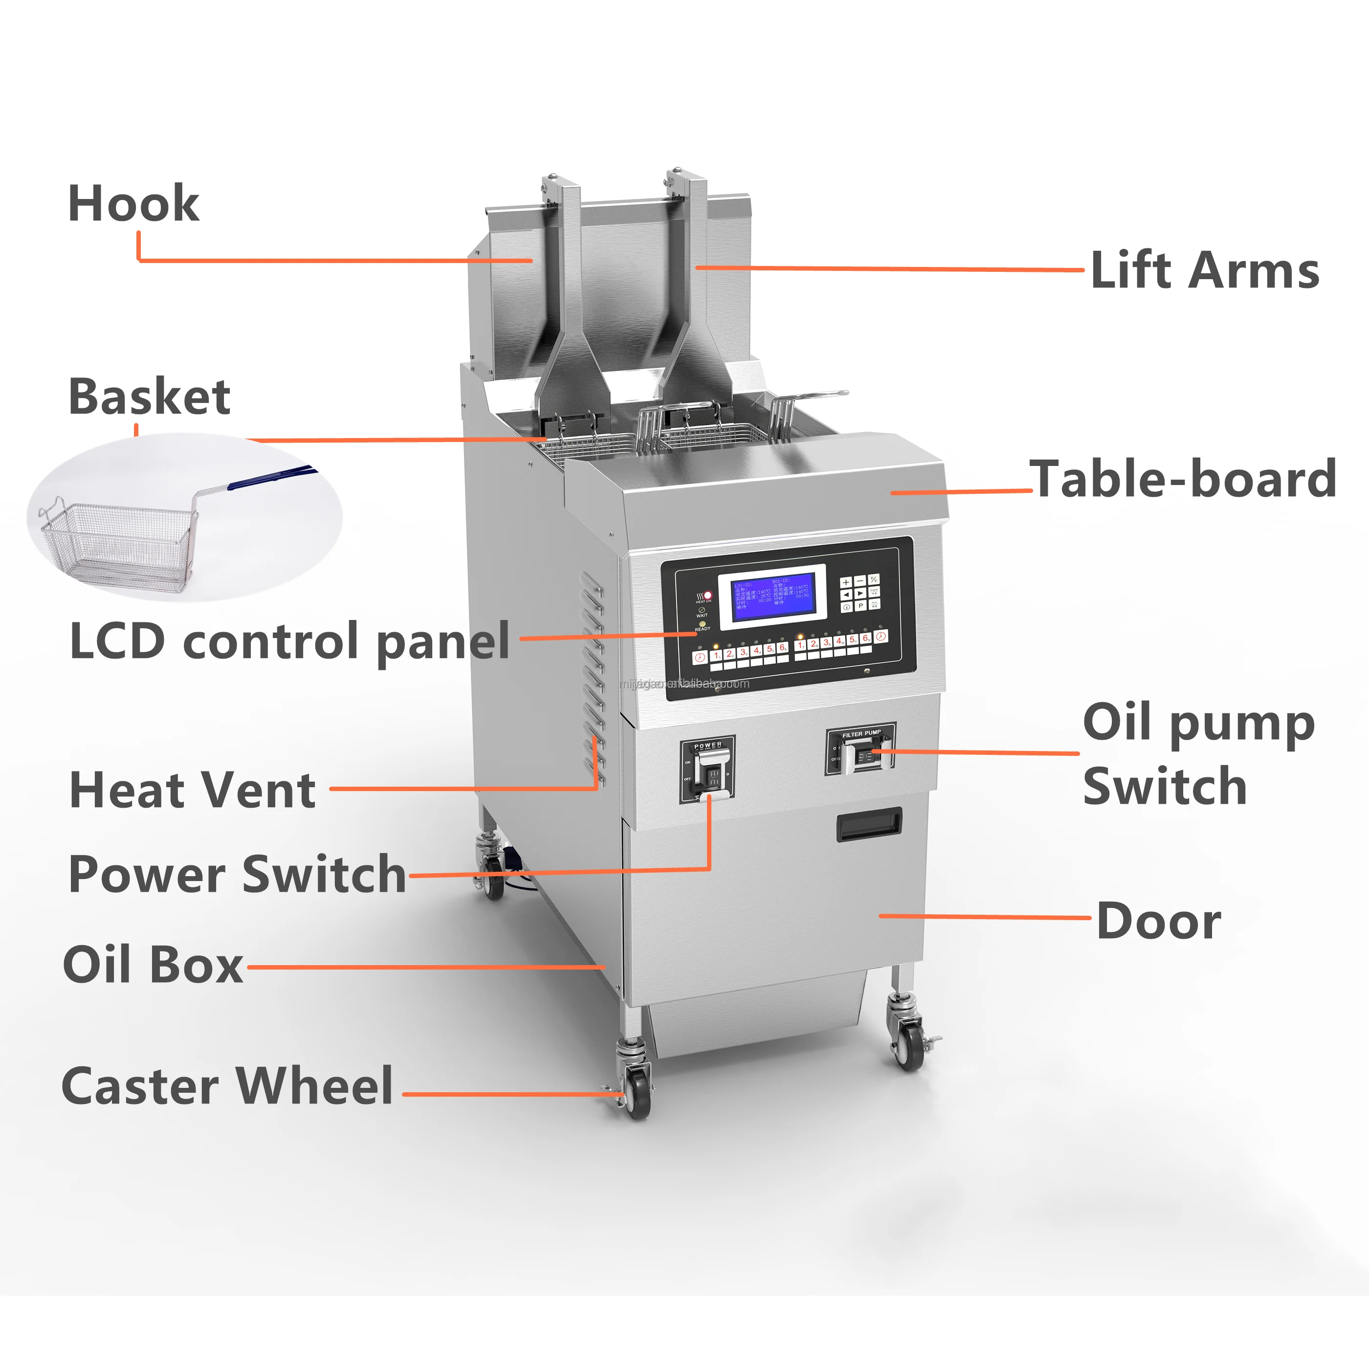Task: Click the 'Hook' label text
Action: click(133, 203)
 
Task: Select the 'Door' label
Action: click(1159, 921)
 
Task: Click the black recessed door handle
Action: click(869, 825)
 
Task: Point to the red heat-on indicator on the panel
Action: click(707, 595)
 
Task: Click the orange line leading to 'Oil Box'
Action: click(425, 967)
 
